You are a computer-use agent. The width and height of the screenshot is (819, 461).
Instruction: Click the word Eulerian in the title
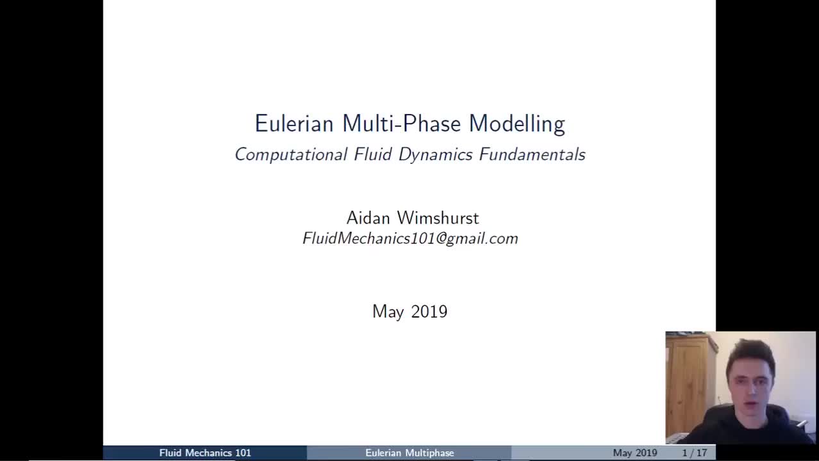click(295, 124)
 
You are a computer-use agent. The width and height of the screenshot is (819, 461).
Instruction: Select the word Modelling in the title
click(517, 124)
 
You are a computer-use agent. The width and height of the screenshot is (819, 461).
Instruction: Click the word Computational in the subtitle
click(291, 155)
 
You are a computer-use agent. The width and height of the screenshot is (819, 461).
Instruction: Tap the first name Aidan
click(368, 218)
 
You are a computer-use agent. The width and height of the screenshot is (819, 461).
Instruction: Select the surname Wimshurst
click(438, 218)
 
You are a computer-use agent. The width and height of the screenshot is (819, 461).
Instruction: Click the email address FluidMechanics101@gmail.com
click(410, 239)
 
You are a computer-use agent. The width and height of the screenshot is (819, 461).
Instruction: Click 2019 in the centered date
click(429, 312)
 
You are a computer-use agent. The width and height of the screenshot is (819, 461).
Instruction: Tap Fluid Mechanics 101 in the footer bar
click(205, 453)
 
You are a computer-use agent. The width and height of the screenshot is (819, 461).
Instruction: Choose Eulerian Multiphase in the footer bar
click(409, 453)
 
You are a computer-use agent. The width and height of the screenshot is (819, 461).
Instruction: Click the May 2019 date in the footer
click(634, 453)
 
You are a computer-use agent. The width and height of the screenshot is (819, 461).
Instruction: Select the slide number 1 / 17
click(695, 453)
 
